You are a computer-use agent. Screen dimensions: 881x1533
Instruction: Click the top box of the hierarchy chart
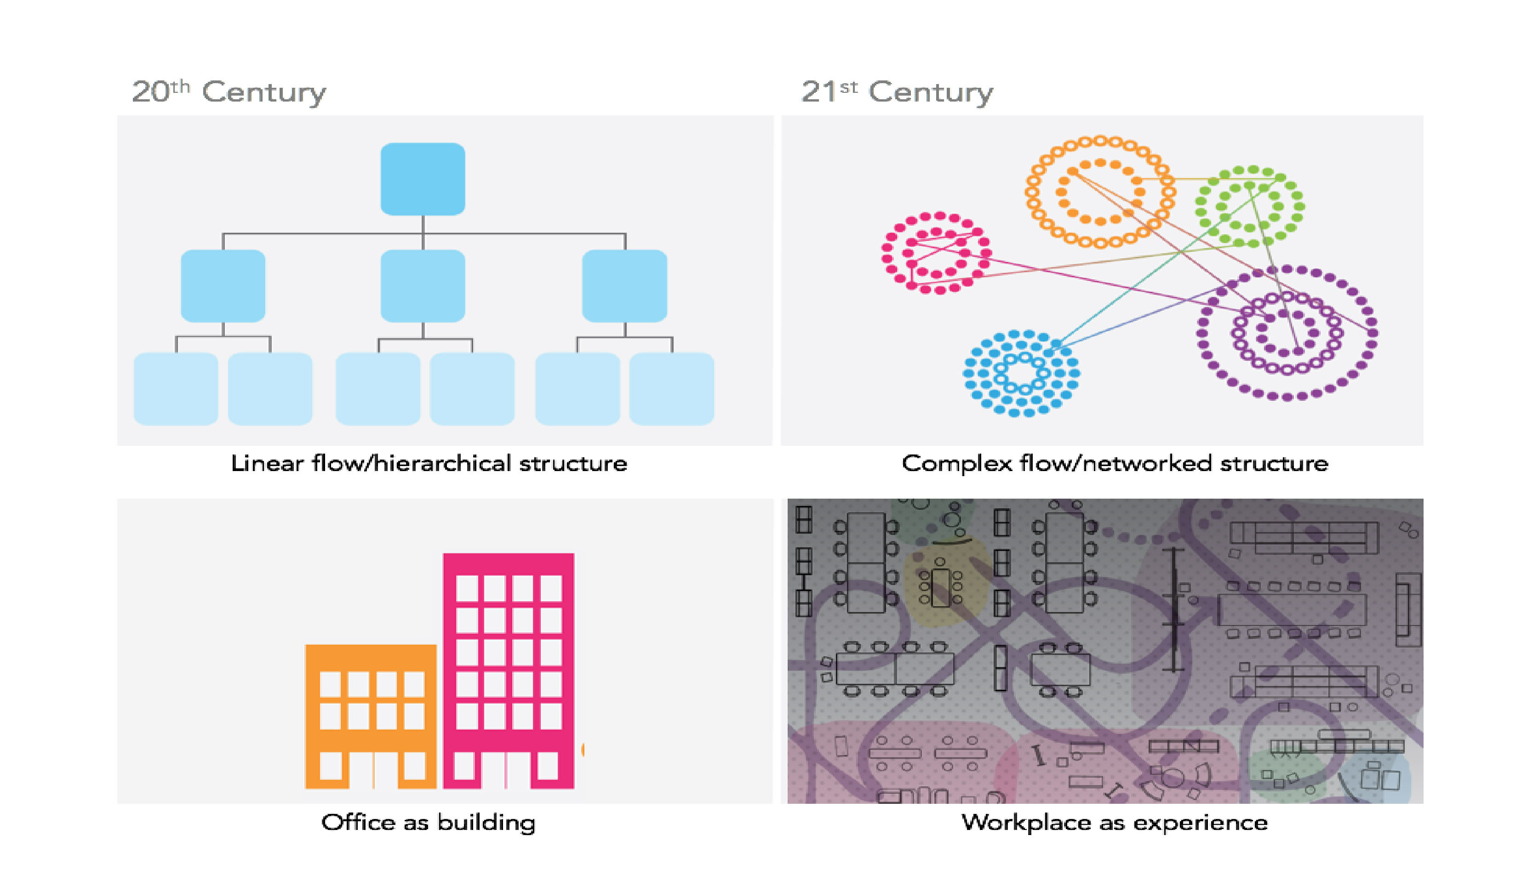point(423,179)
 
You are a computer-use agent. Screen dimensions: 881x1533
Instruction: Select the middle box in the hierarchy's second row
point(423,285)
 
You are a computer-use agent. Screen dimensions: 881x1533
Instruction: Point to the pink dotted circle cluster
point(936,253)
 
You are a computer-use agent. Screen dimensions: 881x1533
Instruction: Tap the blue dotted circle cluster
point(1021,373)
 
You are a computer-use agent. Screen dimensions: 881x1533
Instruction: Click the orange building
point(371,717)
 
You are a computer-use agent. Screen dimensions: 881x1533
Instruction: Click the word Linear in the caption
point(267,464)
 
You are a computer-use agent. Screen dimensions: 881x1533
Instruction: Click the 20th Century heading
point(229,92)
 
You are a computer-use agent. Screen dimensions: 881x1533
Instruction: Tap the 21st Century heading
point(897,92)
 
